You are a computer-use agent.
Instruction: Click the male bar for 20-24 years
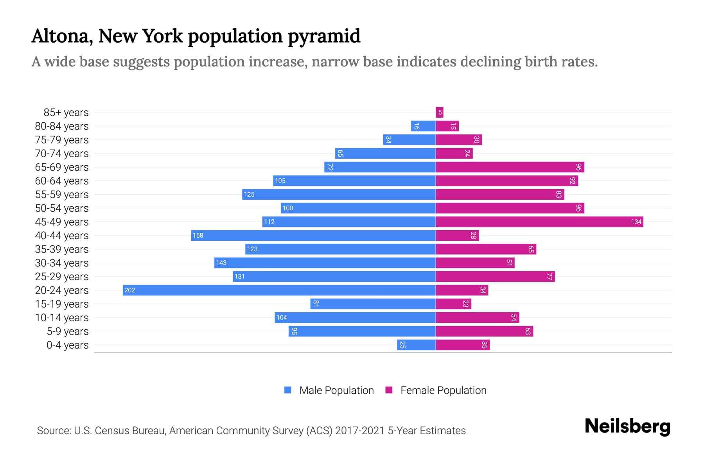pos(279,290)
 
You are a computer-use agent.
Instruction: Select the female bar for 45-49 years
pos(539,222)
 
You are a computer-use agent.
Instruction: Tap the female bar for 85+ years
pos(440,113)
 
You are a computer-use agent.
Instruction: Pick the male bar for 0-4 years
pos(416,345)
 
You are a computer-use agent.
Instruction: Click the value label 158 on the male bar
pos(198,235)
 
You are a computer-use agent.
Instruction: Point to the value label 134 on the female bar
pos(636,222)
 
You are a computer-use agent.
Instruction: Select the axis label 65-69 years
pos(62,167)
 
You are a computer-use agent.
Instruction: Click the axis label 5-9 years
pos(67,331)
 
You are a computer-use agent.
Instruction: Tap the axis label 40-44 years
pos(62,236)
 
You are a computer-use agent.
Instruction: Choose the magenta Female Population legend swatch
pos(389,390)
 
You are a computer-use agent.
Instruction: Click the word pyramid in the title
pos(324,36)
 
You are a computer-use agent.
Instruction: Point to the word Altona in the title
pos(62,36)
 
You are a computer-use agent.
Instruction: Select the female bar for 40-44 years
pos(457,235)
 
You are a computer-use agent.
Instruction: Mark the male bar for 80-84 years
pos(423,126)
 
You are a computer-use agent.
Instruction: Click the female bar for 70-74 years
pos(454,153)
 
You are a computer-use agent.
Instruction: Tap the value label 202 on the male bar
pos(129,290)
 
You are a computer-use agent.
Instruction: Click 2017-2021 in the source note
pos(360,431)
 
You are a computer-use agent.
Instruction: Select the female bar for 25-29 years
pos(495,276)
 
